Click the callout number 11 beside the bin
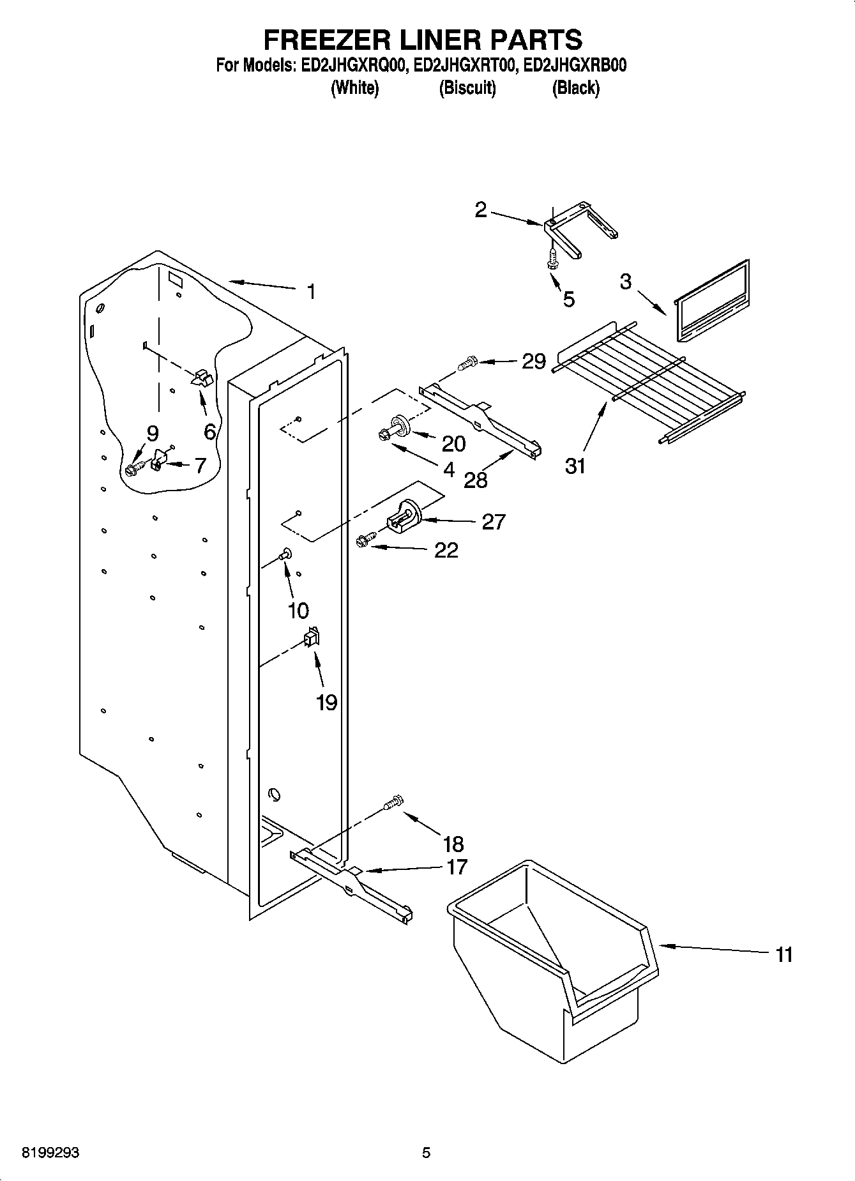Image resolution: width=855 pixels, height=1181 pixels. tap(783, 955)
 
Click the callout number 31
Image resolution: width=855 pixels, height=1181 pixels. tap(575, 467)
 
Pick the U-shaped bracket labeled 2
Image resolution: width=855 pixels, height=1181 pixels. tap(578, 230)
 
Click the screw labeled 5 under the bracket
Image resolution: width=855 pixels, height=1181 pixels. tap(551, 261)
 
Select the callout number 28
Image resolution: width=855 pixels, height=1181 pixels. tap(476, 480)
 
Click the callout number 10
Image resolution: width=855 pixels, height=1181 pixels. tap(298, 611)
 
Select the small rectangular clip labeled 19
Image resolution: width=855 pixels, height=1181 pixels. tap(312, 637)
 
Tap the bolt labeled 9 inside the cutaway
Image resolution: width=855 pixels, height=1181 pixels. tap(132, 470)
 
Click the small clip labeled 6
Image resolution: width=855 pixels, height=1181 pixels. tap(202, 377)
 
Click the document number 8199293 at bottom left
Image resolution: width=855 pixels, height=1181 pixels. tap(51, 1153)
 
